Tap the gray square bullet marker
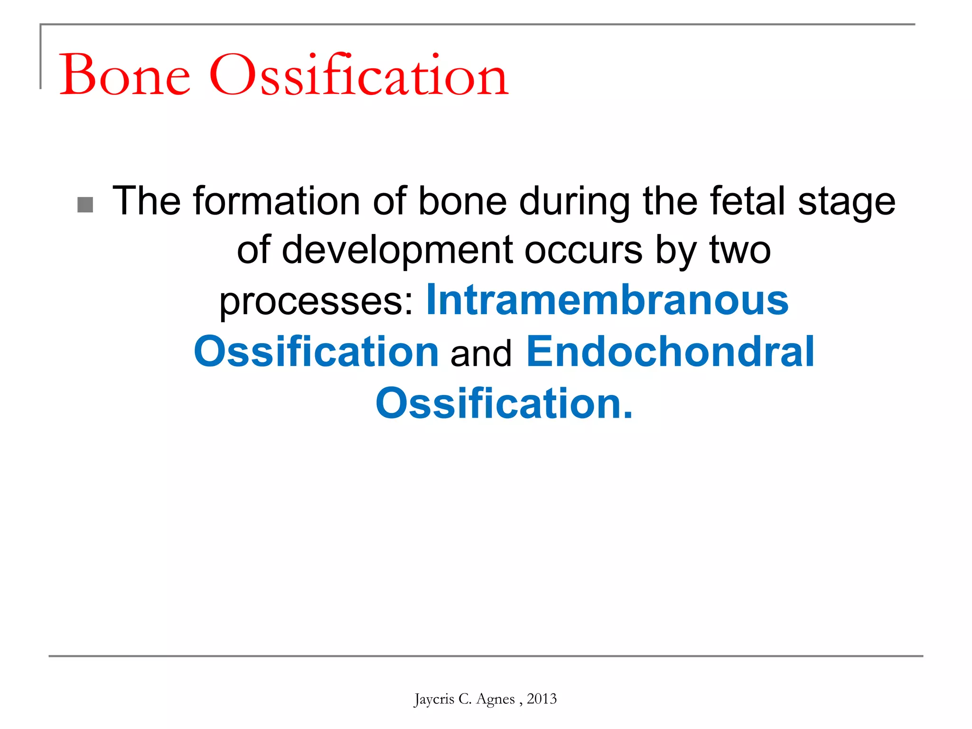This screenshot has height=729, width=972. point(85,205)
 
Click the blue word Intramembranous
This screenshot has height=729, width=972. point(607,300)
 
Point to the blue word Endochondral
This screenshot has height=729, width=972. point(670,352)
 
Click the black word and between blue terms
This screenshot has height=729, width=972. point(481,354)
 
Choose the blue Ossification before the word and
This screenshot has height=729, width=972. point(316,352)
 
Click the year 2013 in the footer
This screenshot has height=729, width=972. point(542,699)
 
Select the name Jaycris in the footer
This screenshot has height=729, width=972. point(434,699)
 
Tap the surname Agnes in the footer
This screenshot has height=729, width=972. point(495,699)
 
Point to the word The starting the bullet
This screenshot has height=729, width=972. point(146,201)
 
